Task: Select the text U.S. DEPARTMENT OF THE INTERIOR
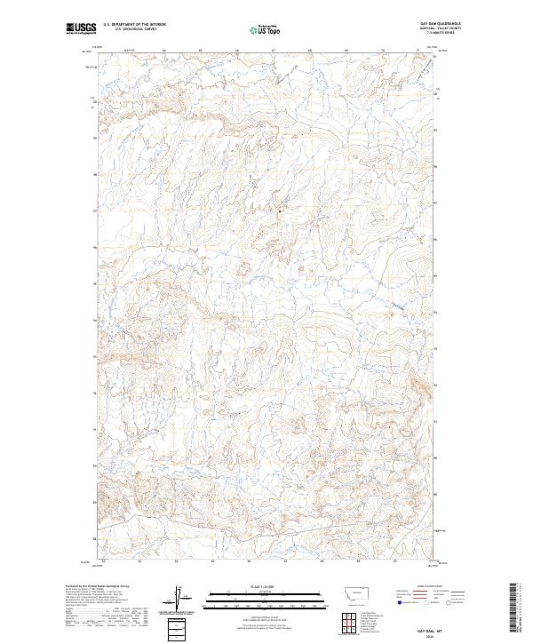tap(134, 25)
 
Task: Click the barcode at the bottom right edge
tap(516, 606)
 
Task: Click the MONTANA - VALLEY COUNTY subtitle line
tap(430, 28)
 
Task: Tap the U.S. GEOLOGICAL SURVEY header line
tap(134, 29)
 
